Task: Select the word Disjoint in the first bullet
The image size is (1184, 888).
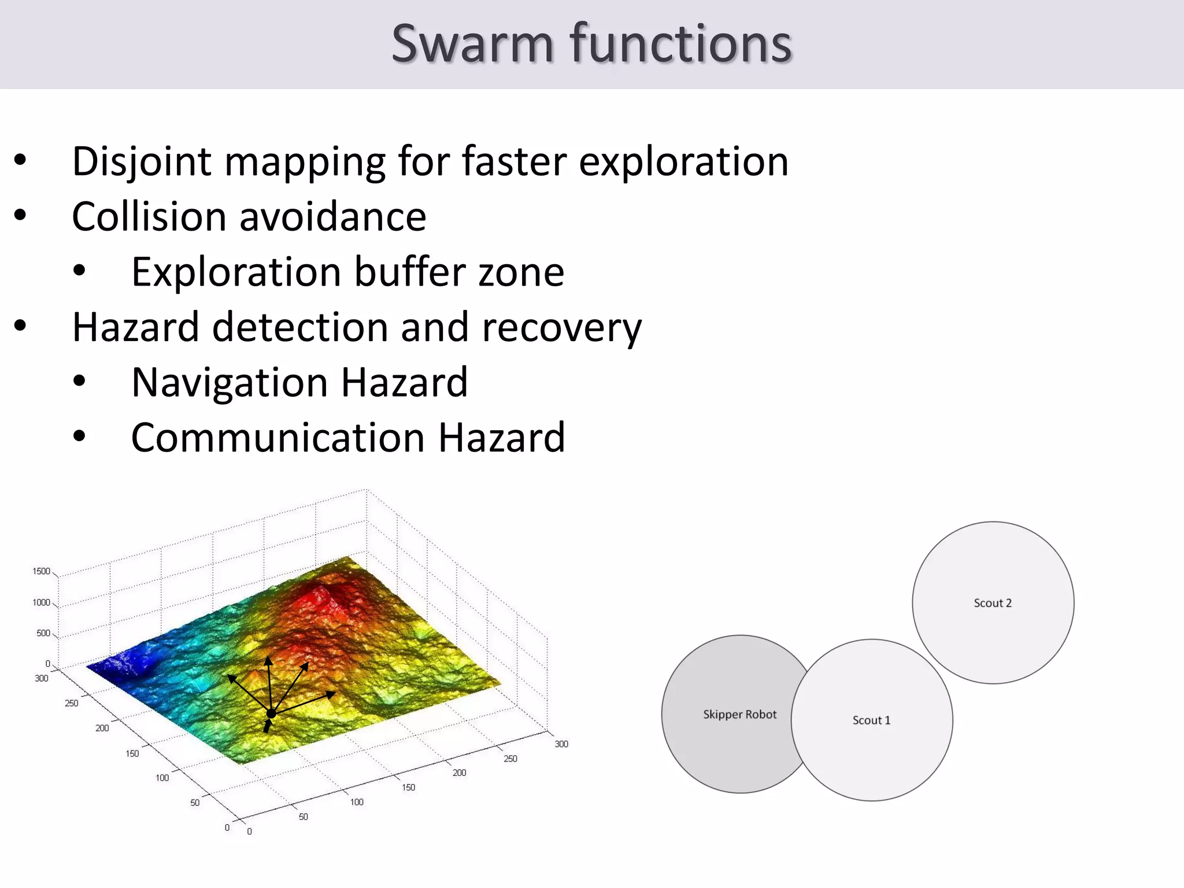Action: pos(142,162)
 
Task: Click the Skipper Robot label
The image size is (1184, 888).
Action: pos(739,715)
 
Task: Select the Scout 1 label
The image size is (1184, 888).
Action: pos(871,720)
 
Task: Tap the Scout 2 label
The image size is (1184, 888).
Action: pos(993,603)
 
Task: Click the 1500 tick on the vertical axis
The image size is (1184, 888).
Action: pos(41,571)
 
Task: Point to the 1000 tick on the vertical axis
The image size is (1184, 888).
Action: pos(41,602)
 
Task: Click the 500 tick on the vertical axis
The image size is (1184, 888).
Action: pos(43,633)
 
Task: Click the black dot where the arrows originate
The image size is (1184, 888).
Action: pos(271,714)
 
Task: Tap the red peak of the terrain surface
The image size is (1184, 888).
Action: pos(324,595)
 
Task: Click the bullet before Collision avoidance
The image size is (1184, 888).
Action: pos(20,216)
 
